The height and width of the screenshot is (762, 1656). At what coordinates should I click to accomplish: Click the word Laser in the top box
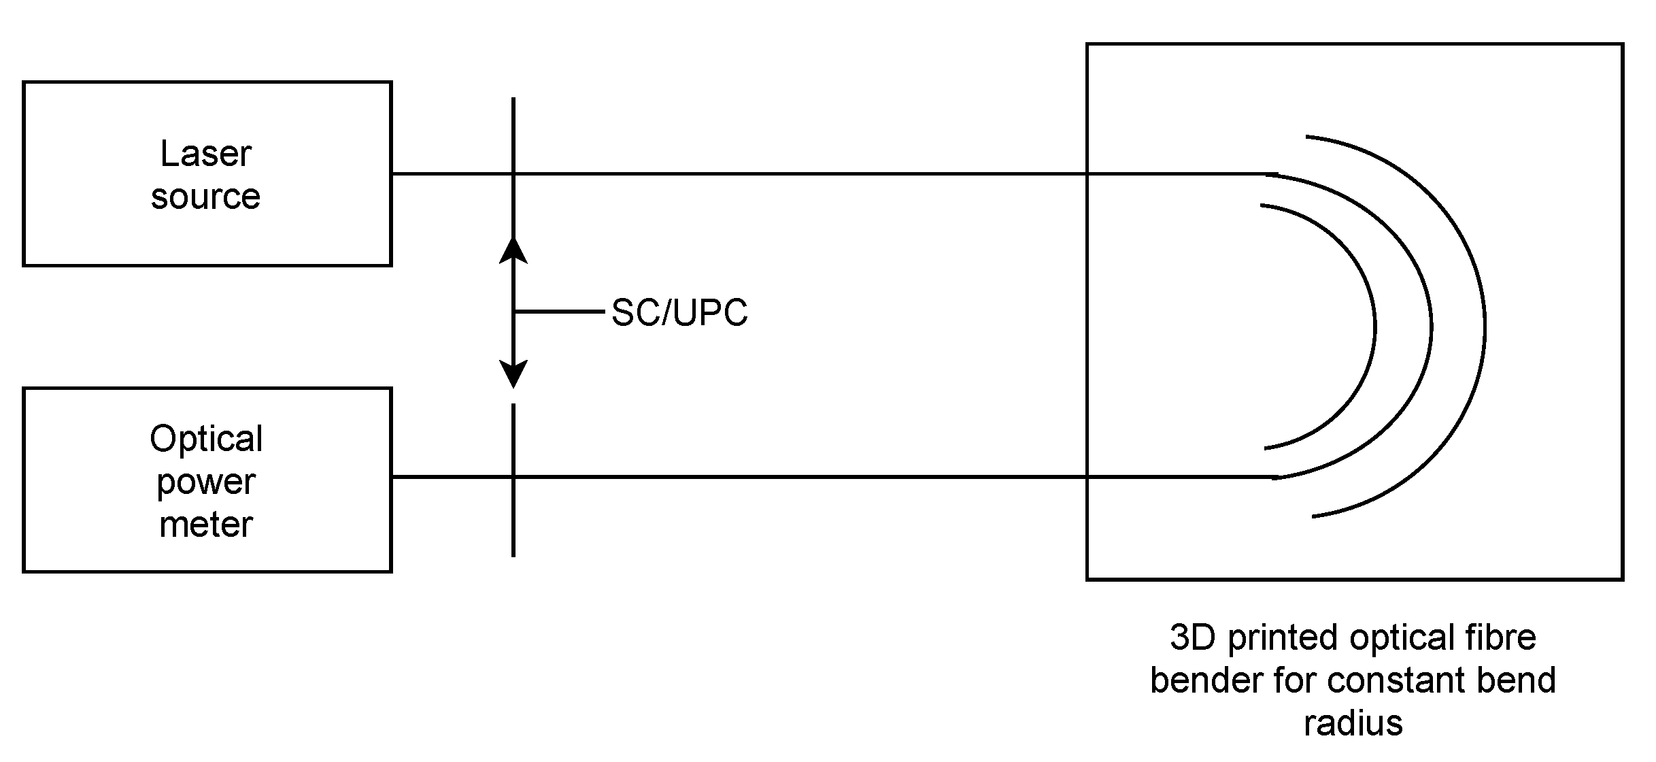(x=205, y=154)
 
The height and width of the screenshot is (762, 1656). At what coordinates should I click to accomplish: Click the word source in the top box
(x=205, y=197)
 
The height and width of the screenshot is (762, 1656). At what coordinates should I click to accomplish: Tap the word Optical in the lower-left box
(x=206, y=439)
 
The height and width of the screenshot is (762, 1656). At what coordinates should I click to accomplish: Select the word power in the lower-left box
(x=206, y=482)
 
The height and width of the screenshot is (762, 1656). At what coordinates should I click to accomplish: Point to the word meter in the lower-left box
(x=206, y=525)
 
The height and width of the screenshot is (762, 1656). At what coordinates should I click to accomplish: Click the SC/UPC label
(x=679, y=313)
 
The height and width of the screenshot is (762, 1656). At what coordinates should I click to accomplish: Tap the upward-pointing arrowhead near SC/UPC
(x=513, y=250)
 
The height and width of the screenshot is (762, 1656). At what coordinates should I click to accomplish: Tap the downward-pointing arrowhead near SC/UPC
(x=513, y=374)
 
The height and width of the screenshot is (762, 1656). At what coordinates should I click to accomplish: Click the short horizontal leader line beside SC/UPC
(x=559, y=312)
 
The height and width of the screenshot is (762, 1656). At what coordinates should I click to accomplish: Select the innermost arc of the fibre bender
(x=1374, y=327)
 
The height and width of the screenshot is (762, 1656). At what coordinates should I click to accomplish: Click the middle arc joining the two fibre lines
(x=1431, y=327)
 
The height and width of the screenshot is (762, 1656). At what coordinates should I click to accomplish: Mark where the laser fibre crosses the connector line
(x=513, y=174)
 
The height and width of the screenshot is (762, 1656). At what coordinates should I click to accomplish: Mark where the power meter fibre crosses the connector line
(x=513, y=477)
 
